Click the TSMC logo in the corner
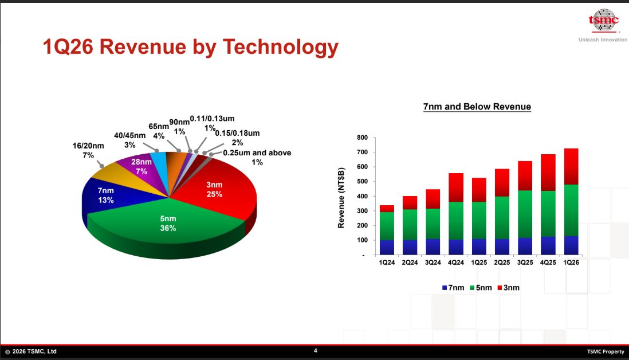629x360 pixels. coord(603,20)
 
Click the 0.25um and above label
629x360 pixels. coord(257,157)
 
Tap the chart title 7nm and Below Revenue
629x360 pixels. coord(477,107)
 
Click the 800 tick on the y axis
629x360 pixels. coord(361,138)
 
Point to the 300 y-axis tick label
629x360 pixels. coord(361,211)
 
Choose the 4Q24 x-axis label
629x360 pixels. coord(455,263)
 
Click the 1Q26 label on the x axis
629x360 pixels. coord(571,263)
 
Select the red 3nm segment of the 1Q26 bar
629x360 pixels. coord(571,166)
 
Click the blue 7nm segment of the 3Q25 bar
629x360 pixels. coord(525,246)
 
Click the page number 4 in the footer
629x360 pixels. coord(315,351)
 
